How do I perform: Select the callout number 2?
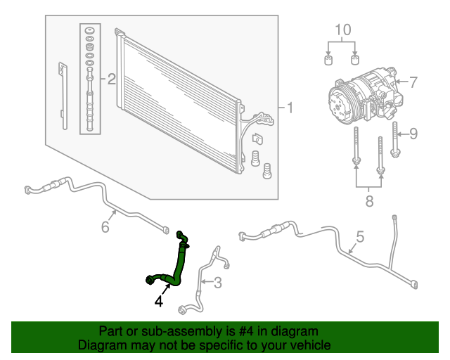click(x=110, y=79)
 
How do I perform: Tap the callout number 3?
click(x=217, y=283)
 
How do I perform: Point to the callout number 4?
click(x=159, y=301)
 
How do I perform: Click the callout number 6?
click(x=105, y=226)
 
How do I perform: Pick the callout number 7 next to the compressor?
click(x=413, y=82)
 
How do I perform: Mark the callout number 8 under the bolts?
click(x=368, y=202)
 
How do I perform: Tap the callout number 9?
click(x=413, y=133)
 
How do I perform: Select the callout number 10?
click(x=342, y=30)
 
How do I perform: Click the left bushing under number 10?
click(x=328, y=59)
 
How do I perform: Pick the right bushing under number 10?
click(x=356, y=59)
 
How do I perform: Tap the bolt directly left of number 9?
click(x=396, y=138)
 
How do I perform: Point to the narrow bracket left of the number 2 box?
click(x=64, y=96)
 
